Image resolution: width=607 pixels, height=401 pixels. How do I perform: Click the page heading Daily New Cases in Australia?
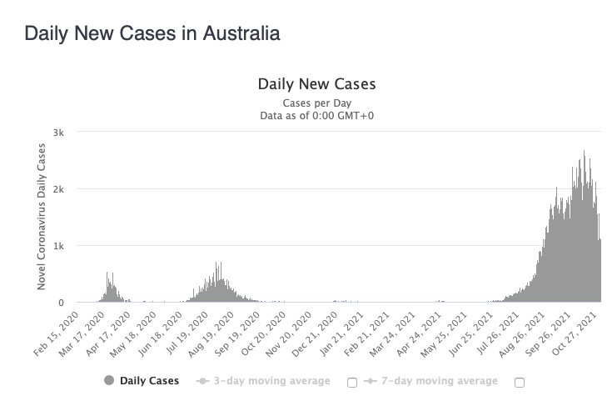click(152, 33)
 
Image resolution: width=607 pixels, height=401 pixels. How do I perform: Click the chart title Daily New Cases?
click(316, 84)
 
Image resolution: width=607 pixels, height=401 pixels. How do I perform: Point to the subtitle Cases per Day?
click(316, 103)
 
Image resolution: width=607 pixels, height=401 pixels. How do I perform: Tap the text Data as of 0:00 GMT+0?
click(316, 116)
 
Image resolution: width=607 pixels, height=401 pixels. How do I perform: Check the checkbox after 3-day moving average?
click(351, 382)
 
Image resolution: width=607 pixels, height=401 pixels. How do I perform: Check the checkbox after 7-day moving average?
click(520, 382)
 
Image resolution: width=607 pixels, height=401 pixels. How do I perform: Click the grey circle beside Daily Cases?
click(109, 381)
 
